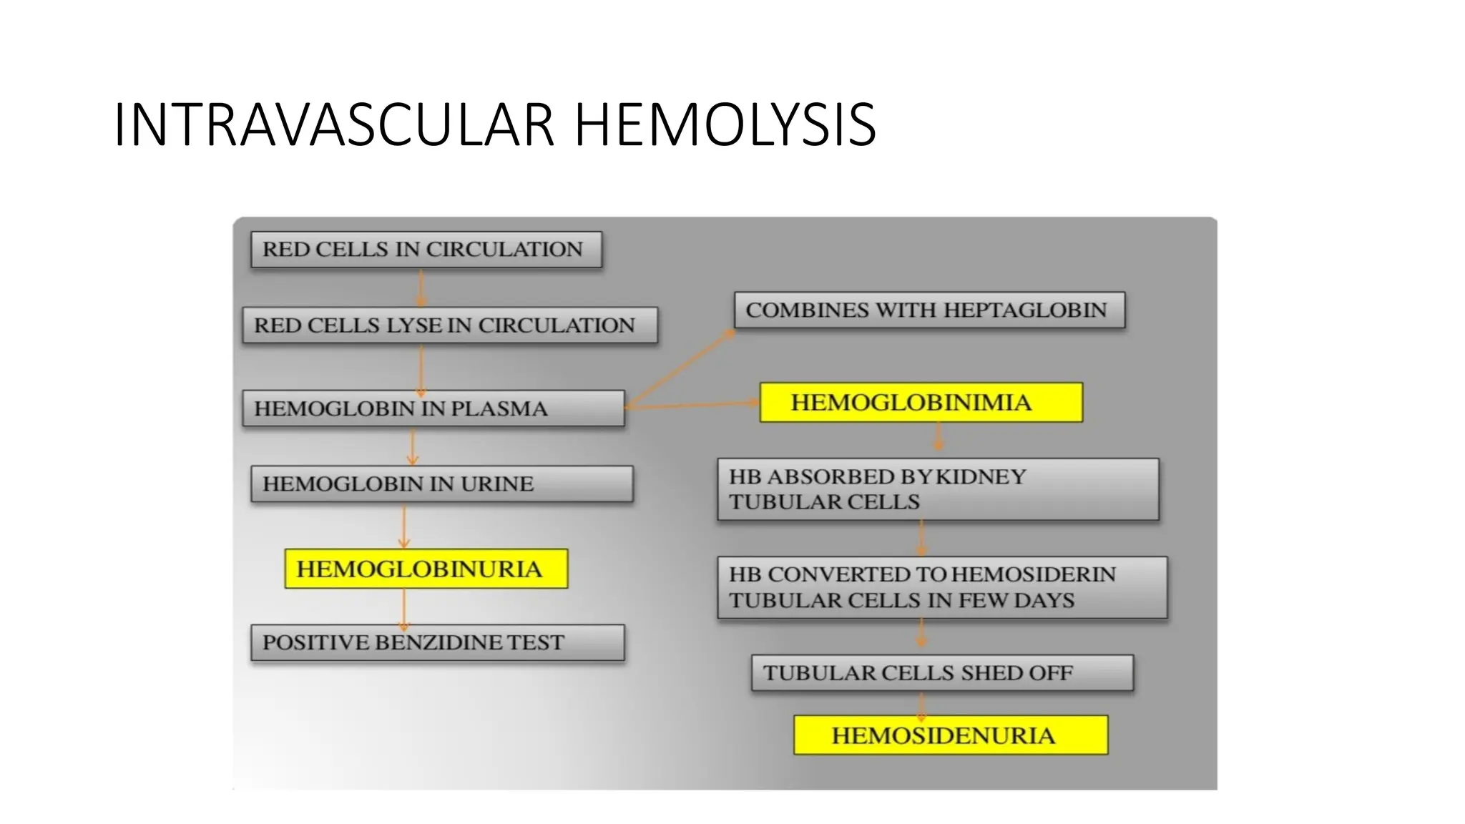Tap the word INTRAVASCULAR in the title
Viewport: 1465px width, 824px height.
(x=334, y=125)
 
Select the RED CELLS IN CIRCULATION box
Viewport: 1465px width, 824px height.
(x=426, y=250)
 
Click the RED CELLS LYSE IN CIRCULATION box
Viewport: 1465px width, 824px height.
(x=449, y=325)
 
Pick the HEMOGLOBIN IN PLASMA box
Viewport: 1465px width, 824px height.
(x=433, y=408)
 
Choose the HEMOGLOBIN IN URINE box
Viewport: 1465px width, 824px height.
(x=441, y=484)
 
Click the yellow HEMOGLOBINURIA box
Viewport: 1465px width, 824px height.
(x=426, y=569)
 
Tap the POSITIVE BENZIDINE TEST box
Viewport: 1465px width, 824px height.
(x=437, y=642)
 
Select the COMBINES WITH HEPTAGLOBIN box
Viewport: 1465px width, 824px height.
(x=929, y=310)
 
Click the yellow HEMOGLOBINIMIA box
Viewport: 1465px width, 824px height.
(x=920, y=403)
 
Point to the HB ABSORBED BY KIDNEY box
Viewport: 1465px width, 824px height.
(x=937, y=489)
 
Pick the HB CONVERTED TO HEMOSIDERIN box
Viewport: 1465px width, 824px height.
(x=941, y=587)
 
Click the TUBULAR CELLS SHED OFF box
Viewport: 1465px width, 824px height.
(x=941, y=673)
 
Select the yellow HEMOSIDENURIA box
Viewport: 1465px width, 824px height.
(x=950, y=735)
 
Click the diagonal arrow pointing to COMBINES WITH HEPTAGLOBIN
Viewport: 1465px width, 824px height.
(x=680, y=368)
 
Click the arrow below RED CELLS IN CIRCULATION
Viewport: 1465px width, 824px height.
(x=421, y=288)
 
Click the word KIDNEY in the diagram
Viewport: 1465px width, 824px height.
(x=981, y=476)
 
